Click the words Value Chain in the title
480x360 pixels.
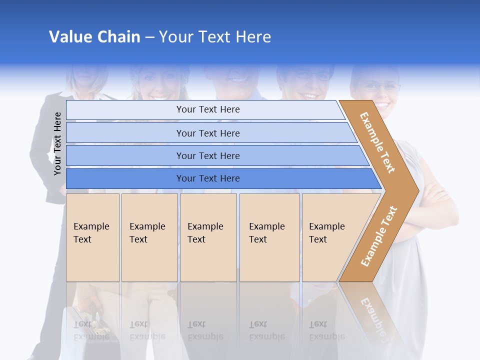click(94, 37)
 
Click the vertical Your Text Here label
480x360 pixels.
click(57, 143)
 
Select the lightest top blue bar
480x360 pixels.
click(205, 109)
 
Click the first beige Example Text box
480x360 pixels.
click(92, 237)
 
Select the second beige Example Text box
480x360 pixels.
click(149, 237)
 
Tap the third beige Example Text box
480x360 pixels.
click(208, 237)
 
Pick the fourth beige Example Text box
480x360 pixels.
click(269, 237)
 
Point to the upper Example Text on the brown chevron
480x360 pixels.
click(377, 142)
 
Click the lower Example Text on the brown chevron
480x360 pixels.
click(379, 236)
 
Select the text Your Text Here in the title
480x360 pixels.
click(215, 37)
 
